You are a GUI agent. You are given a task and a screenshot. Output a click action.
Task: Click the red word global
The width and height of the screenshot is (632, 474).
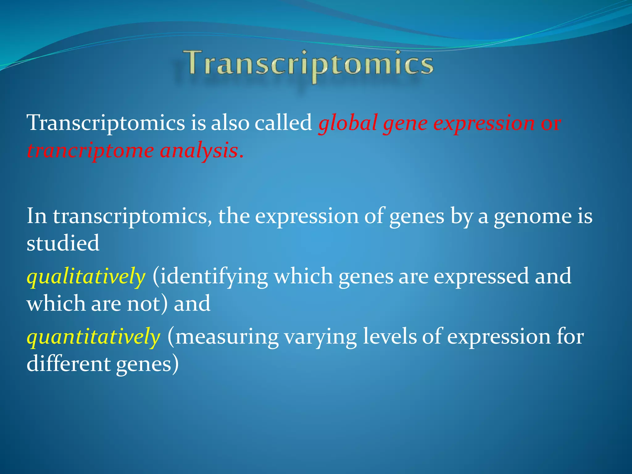pyautogui.click(x=348, y=123)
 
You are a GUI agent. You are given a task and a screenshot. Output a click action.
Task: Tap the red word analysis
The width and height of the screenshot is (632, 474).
pyautogui.click(x=199, y=151)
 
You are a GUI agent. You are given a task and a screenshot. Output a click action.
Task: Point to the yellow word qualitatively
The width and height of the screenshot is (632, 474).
pyautogui.click(x=86, y=276)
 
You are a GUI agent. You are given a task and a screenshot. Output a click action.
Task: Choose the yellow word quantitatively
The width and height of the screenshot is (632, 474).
pyautogui.click(x=93, y=336)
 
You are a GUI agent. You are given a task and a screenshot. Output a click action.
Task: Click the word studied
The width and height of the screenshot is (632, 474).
pyautogui.click(x=63, y=243)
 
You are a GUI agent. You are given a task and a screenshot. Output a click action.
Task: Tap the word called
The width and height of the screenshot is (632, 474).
pyautogui.click(x=283, y=123)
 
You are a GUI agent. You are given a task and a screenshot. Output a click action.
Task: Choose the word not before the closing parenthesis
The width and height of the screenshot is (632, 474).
pyautogui.click(x=143, y=304)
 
